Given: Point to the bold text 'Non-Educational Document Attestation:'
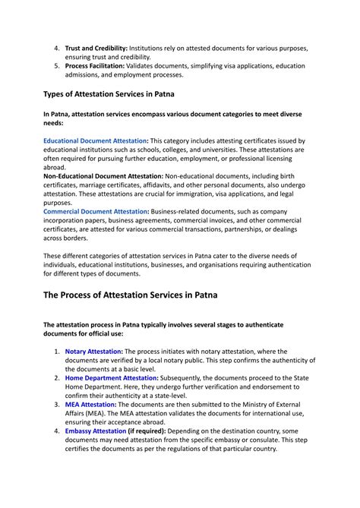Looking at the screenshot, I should [109, 176].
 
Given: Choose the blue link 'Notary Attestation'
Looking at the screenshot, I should [93, 352].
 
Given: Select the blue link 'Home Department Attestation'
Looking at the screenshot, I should [112, 377].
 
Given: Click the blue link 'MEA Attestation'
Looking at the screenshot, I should [90, 404].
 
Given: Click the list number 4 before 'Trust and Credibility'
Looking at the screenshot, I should [56, 48].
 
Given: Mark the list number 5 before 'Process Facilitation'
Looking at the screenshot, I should [56, 66].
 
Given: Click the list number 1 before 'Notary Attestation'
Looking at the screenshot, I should [56, 352].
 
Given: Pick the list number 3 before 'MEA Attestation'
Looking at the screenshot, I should [56, 404].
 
